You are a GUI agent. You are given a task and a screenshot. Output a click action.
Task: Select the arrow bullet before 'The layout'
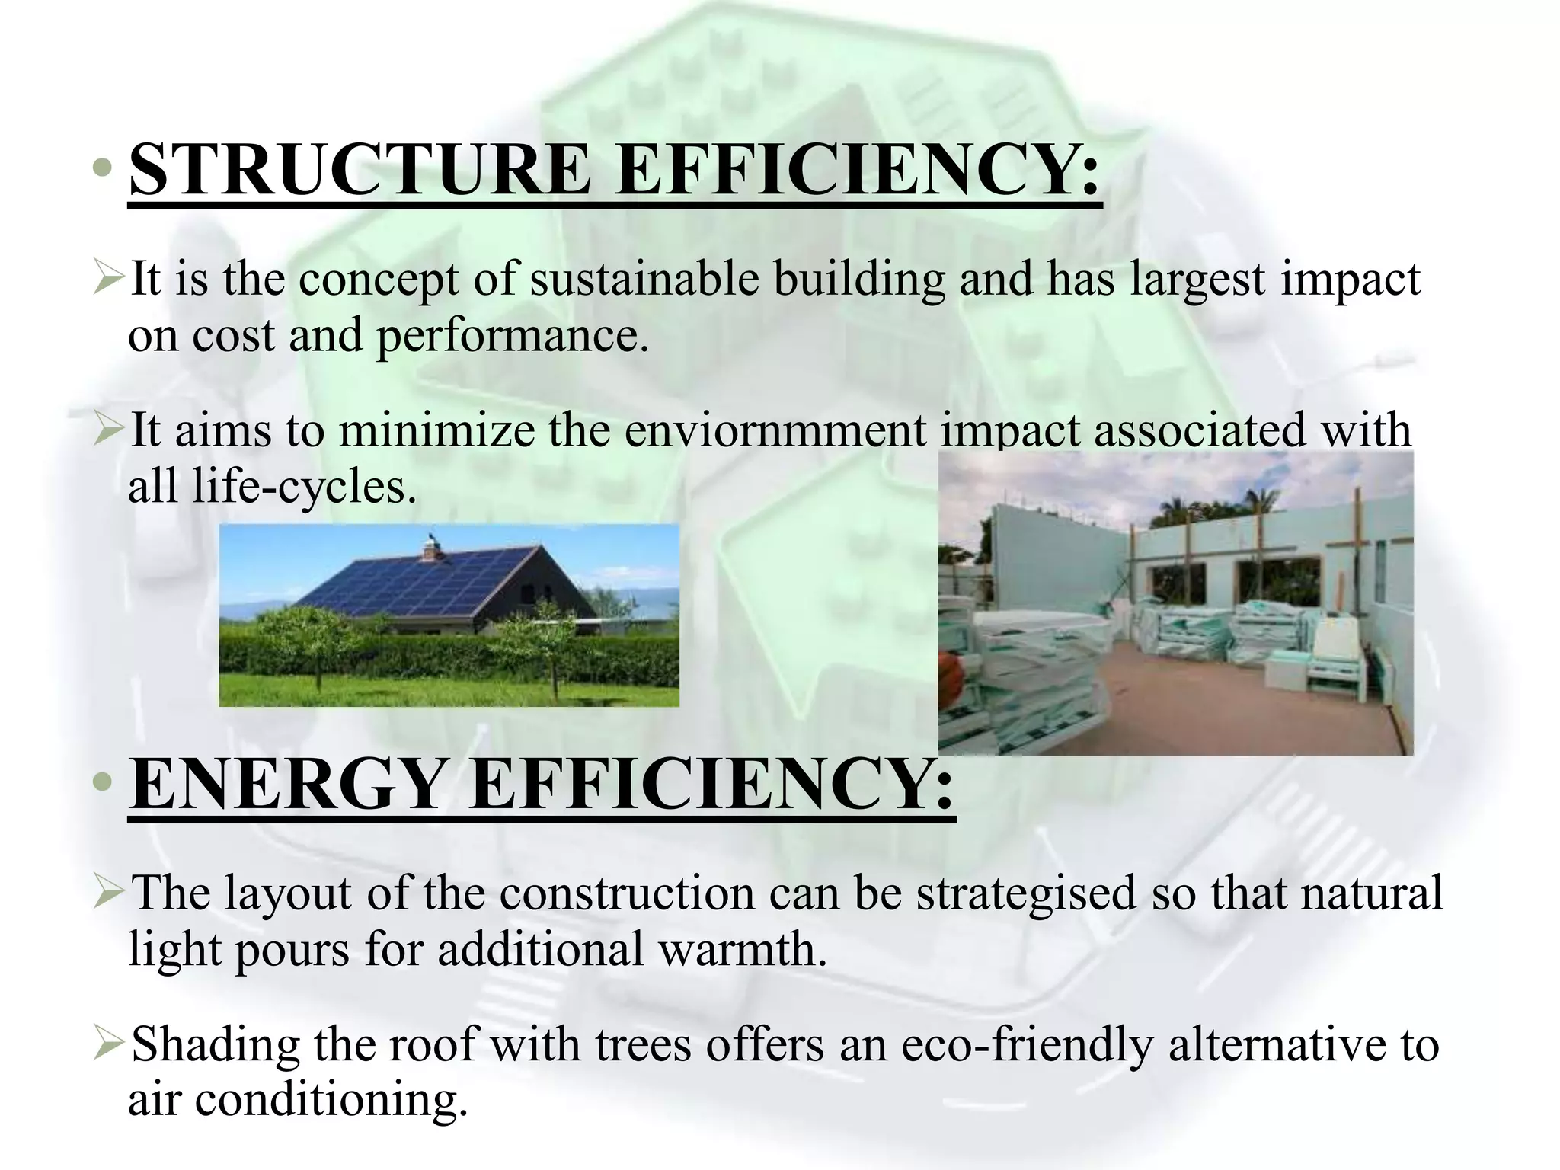pos(107,893)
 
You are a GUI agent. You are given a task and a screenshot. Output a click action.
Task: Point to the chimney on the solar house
pos(432,545)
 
